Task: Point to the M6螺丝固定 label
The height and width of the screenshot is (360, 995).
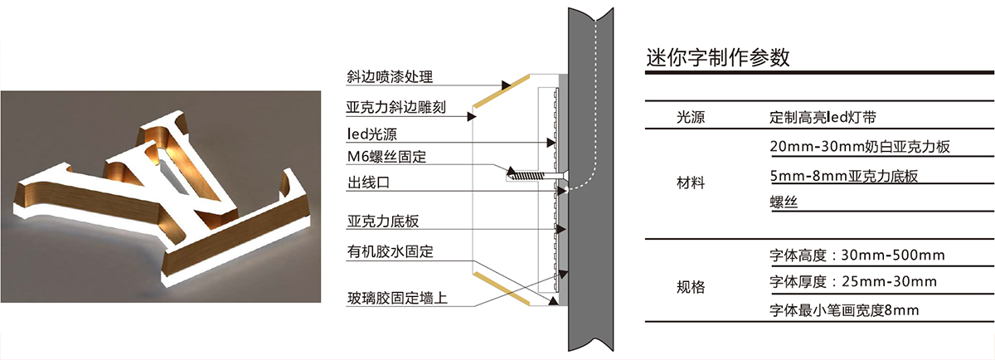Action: (x=387, y=156)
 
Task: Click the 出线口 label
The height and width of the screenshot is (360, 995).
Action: (x=367, y=182)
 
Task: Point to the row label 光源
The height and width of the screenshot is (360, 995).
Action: (x=691, y=119)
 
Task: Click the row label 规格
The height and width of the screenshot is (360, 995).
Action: (x=691, y=287)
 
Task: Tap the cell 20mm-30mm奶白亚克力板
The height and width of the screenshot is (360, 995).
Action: (x=859, y=147)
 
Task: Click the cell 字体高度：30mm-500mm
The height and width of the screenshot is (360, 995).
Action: (x=857, y=255)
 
